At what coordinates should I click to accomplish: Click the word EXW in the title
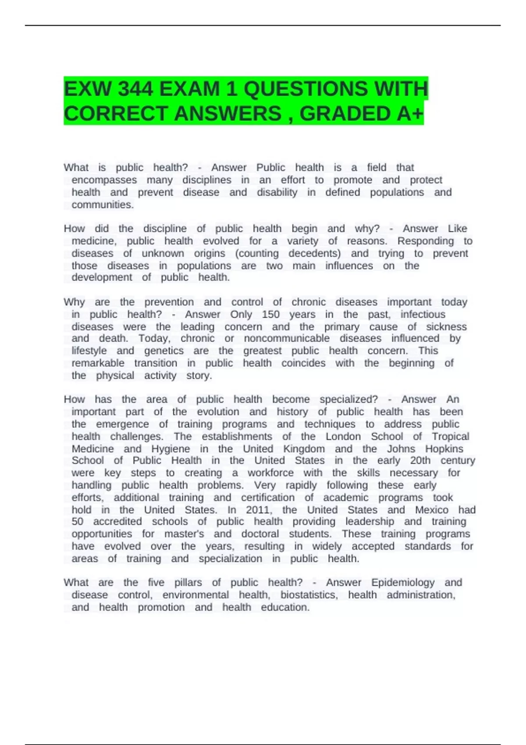86,89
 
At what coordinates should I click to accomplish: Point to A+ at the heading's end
410,114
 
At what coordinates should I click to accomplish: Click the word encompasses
104,180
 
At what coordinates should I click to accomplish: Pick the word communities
103,205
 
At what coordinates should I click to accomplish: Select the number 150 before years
270,314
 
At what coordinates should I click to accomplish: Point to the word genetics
164,351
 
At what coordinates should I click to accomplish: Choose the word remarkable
98,363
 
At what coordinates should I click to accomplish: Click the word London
343,436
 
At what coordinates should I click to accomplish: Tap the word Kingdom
304,449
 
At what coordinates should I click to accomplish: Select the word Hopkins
444,449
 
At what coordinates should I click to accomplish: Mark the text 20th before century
420,461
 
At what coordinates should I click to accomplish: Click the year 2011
259,510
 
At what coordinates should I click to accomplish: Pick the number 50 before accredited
78,521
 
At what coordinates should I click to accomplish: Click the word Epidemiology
402,582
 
